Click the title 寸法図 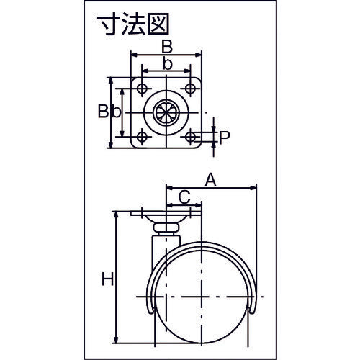click(133, 24)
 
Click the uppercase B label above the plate click(167, 47)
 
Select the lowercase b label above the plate click(168, 64)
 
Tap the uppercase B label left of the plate click(103, 112)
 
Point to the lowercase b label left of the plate click(117, 112)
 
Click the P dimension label click(225, 138)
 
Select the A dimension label click(210, 180)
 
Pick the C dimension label click(184, 197)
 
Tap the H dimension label click(107, 279)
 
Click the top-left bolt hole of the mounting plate click(142, 89)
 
